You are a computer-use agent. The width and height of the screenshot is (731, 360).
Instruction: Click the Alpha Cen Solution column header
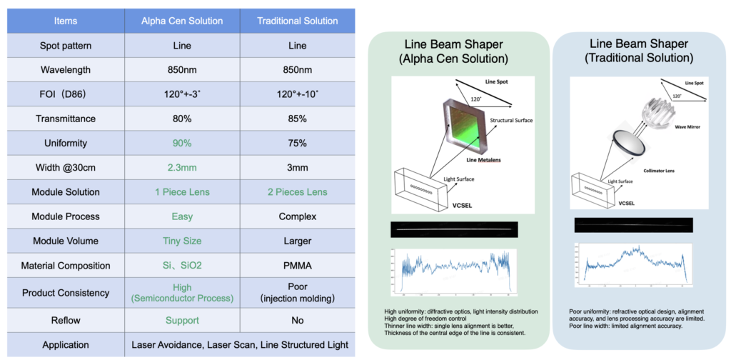182,21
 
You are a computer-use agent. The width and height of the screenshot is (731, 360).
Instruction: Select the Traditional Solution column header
298,21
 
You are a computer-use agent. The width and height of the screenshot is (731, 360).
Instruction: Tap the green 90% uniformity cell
182,143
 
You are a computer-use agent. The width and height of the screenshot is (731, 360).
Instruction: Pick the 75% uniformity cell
298,143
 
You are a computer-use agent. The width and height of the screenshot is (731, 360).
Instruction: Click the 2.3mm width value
182,167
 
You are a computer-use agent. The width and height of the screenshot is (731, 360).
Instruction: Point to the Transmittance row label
65,119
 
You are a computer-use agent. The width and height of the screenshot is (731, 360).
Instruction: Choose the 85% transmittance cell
298,119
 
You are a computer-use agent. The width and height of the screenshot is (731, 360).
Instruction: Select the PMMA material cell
298,266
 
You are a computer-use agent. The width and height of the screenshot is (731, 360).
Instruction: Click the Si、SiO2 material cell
182,266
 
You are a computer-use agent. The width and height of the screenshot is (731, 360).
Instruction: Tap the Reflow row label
65,321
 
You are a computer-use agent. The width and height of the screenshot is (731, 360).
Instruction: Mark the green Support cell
182,321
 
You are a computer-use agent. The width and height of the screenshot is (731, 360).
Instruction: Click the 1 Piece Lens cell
182,192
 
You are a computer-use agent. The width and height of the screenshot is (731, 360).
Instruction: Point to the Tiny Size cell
182,241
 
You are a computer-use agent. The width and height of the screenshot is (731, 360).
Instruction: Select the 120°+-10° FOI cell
298,94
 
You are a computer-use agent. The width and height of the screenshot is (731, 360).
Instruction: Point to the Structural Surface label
510,121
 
